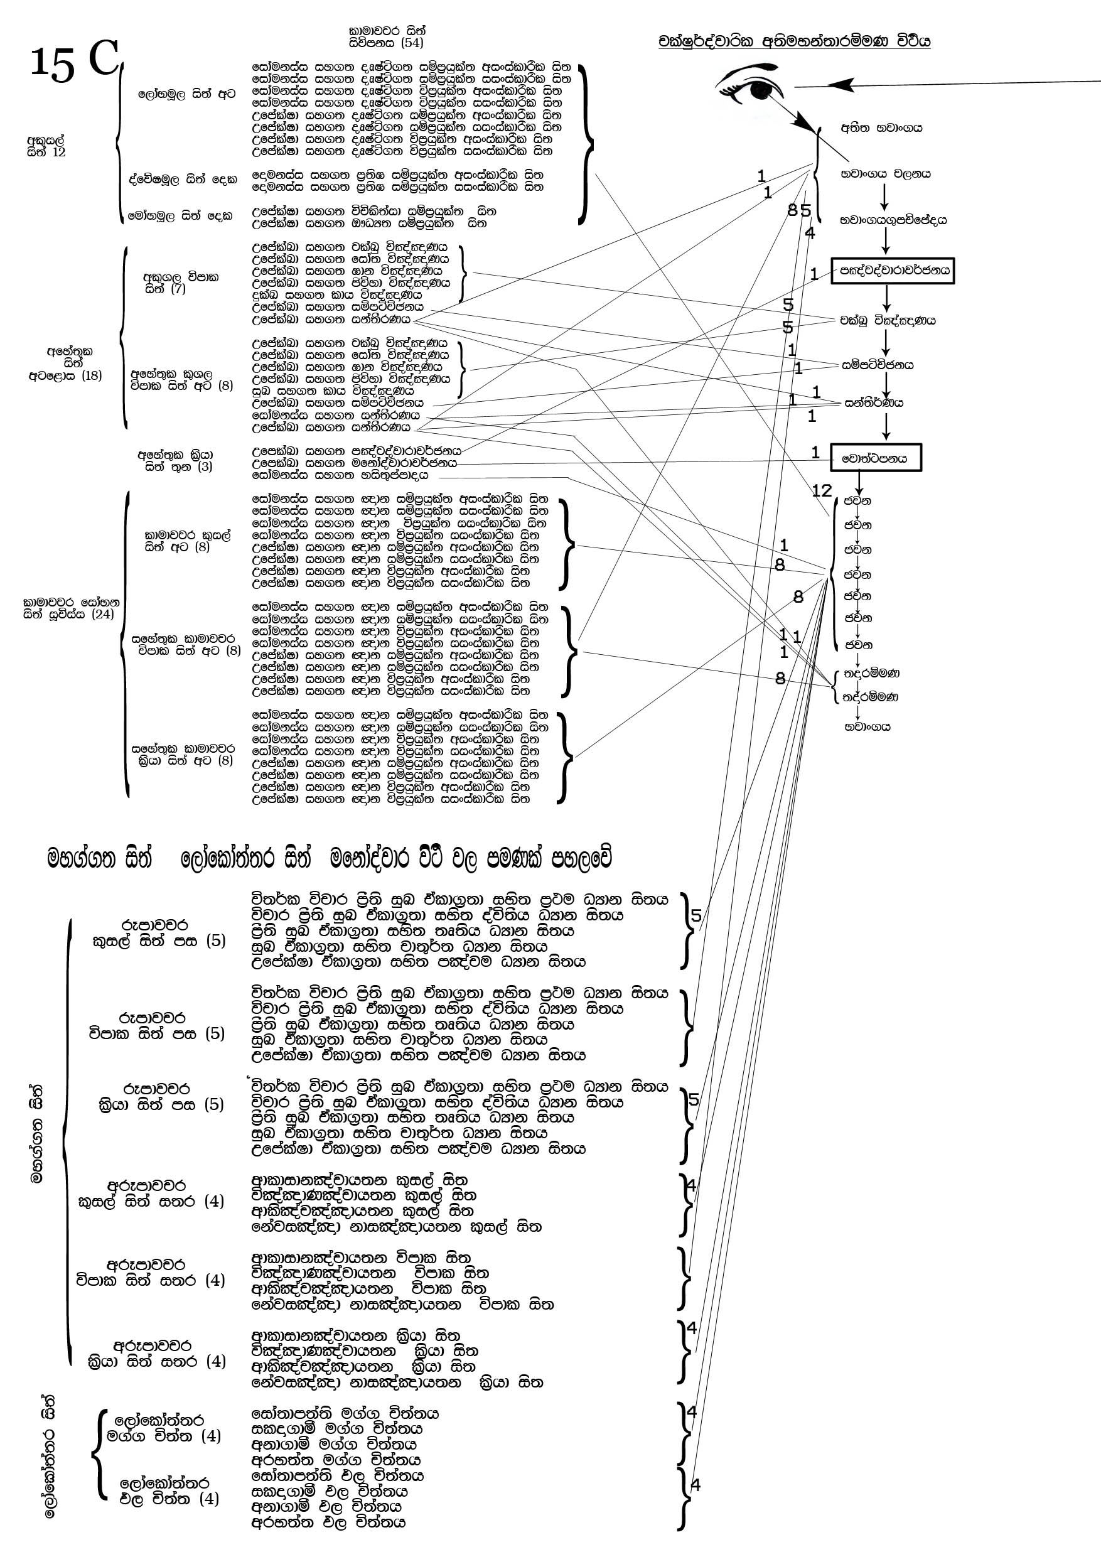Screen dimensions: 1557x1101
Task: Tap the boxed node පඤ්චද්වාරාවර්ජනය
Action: [893, 271]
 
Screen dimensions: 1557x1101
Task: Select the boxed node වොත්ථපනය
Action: [876, 458]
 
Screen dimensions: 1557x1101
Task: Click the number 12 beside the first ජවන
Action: [822, 490]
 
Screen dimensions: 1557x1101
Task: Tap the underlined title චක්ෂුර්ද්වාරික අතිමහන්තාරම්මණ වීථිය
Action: [794, 41]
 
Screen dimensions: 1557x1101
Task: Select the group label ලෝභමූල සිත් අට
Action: [186, 94]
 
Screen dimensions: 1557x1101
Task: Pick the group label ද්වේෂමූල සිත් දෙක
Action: [184, 180]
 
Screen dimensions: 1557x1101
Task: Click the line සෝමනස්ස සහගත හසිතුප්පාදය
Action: [340, 475]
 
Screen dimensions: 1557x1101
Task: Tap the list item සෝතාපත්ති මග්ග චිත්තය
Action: [345, 1413]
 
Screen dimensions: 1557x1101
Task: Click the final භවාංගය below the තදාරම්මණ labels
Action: [867, 727]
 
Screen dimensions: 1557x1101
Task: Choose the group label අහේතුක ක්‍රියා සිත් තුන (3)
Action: [176, 460]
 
